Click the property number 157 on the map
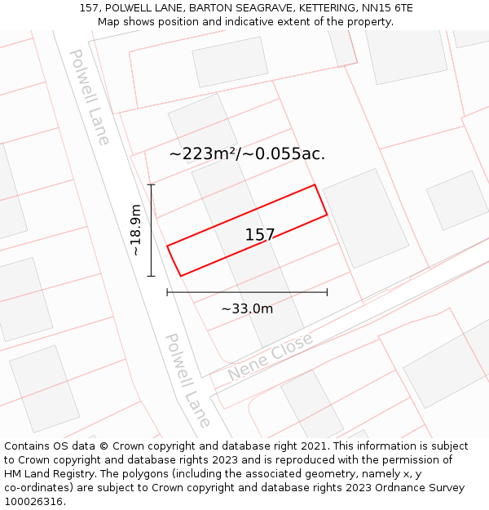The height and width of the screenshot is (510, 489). pyautogui.click(x=260, y=235)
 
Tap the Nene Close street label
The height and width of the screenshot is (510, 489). pyautogui.click(x=270, y=357)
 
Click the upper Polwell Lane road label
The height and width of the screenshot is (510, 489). pyautogui.click(x=89, y=96)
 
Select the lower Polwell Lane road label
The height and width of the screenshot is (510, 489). pyautogui.click(x=187, y=379)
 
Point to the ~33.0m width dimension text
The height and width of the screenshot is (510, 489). pyautogui.click(x=247, y=308)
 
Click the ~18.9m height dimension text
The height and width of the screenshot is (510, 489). pyautogui.click(x=136, y=230)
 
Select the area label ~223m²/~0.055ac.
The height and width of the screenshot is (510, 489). pyautogui.click(x=247, y=153)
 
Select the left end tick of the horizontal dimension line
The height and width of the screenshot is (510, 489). pyautogui.click(x=167, y=291)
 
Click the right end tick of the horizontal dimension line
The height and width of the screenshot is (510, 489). pyautogui.click(x=327, y=291)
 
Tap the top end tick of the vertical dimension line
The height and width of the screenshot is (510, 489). pyautogui.click(x=151, y=185)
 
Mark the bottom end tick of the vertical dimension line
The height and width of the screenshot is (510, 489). pyautogui.click(x=151, y=276)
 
